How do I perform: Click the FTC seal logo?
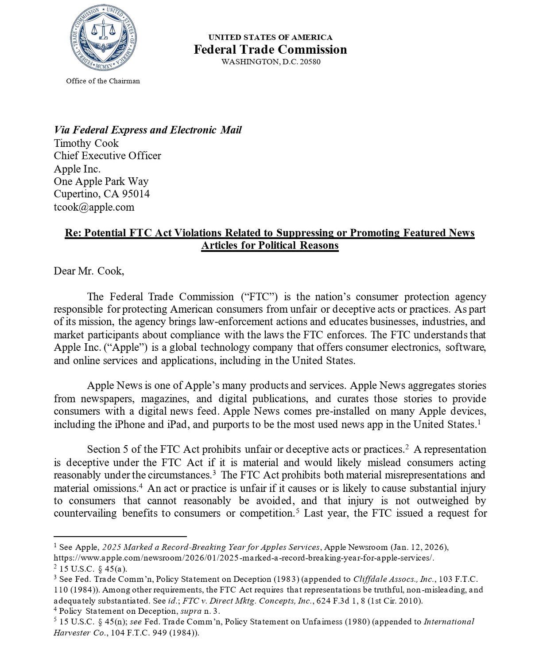coord(103,38)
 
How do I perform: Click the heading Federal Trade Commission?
coord(270,49)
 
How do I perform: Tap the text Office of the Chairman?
coord(103,81)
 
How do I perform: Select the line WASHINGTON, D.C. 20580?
coord(271,62)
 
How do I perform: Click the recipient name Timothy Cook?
coord(86,143)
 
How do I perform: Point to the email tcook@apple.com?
coord(94,207)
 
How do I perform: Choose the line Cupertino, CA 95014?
coord(101,194)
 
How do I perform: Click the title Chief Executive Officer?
coord(107,156)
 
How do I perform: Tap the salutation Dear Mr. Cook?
coord(89,271)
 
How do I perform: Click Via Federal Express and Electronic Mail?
coord(147,130)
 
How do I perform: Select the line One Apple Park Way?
coord(101,181)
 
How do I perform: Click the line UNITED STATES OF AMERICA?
coord(270,37)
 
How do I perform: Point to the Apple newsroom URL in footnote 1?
coord(244,558)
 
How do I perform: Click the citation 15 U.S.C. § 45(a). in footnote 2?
coord(93,569)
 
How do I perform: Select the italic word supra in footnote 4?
coord(191,611)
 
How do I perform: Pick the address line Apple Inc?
coord(77,169)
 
